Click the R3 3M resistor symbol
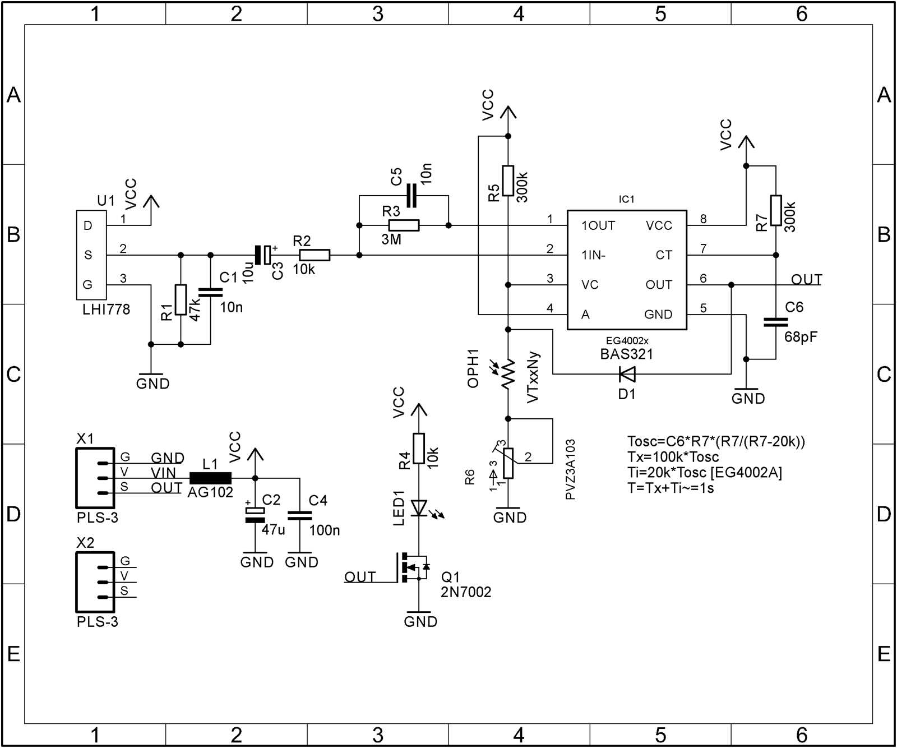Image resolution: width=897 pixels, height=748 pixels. (404, 225)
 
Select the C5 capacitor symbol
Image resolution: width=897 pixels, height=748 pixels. (411, 195)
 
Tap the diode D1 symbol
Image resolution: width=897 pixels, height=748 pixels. (626, 373)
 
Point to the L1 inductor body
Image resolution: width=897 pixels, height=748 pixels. (210, 478)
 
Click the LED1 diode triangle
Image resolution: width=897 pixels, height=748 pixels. (419, 508)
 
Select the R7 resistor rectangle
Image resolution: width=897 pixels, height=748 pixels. (776, 210)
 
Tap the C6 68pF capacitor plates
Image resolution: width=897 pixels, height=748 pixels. (776, 322)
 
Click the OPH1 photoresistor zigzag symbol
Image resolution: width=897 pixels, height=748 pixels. (508, 375)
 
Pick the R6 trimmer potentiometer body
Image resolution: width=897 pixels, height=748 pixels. (508, 463)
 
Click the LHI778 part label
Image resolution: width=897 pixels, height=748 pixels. (106, 310)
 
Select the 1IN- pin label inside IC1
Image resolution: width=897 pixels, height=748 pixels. (593, 256)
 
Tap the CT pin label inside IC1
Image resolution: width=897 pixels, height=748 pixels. (664, 256)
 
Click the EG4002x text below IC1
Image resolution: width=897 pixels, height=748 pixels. (627, 341)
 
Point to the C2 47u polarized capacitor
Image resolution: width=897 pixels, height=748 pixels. (255, 515)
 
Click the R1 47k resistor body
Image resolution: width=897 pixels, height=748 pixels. (181, 299)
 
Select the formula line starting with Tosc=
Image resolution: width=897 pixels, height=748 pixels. (716, 441)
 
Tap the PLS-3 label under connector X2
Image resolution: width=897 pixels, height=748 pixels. (98, 622)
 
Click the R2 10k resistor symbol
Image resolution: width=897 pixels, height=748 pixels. (315, 255)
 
